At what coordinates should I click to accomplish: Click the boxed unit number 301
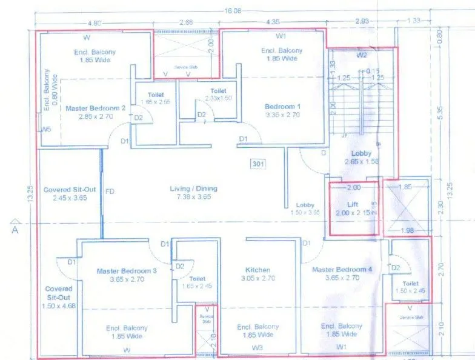click(x=257, y=163)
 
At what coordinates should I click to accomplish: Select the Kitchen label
click(x=257, y=270)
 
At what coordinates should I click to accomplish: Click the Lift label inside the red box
click(x=353, y=204)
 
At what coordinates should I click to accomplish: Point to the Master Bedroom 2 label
click(x=96, y=108)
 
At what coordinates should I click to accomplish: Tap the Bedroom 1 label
click(x=283, y=107)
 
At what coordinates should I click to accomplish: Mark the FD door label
click(x=110, y=192)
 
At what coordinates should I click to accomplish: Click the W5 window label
click(x=46, y=130)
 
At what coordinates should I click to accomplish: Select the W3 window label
click(x=257, y=347)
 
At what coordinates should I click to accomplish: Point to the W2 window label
click(x=362, y=56)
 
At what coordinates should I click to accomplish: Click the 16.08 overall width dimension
click(x=233, y=11)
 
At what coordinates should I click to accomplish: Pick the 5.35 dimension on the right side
click(x=448, y=113)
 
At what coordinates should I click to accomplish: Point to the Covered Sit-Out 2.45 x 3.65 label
click(x=67, y=194)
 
